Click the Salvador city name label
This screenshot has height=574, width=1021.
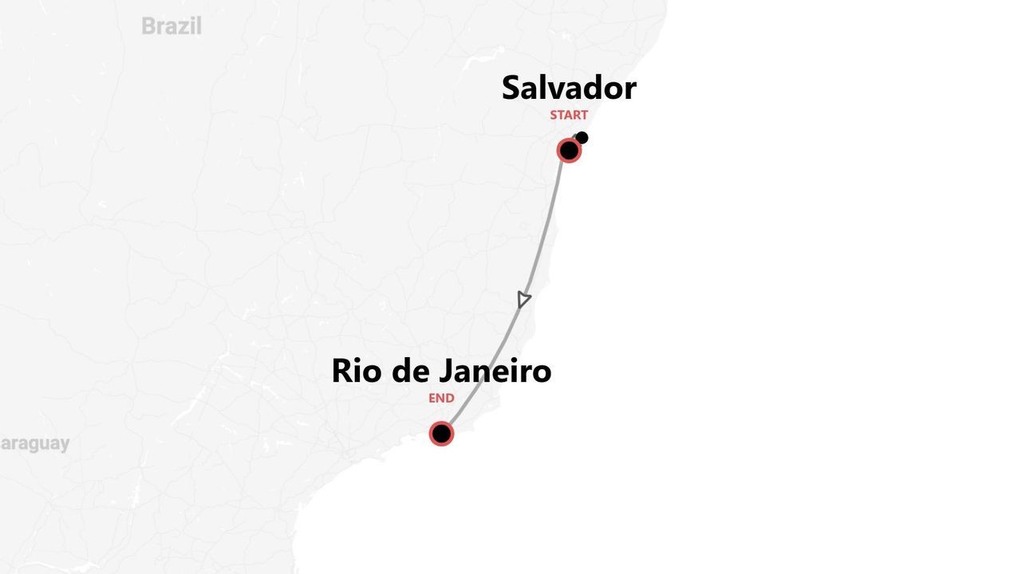click(569, 88)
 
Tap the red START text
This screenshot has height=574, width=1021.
click(569, 115)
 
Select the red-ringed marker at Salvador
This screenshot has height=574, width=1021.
click(569, 150)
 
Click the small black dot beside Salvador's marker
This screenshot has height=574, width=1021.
click(582, 138)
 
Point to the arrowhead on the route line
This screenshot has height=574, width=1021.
click(523, 300)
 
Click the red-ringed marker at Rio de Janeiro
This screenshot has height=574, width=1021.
click(441, 434)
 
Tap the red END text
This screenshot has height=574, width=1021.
click(441, 399)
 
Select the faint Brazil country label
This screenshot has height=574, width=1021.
click(171, 26)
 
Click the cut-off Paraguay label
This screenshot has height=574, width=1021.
click(34, 443)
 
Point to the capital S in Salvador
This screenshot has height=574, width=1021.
click(511, 88)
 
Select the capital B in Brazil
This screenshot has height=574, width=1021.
click(148, 26)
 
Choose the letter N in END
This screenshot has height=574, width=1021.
click(441, 399)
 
